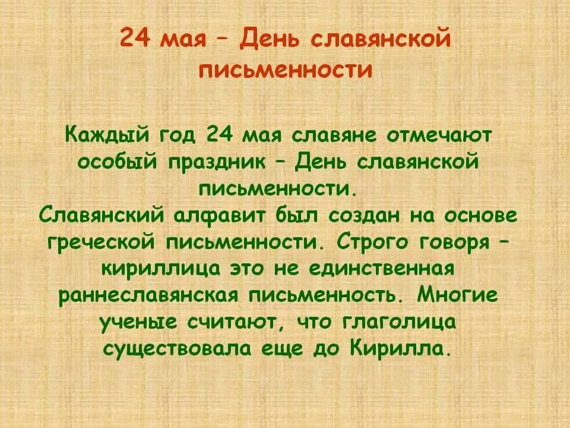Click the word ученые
[x=142, y=323]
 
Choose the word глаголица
[x=400, y=323]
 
